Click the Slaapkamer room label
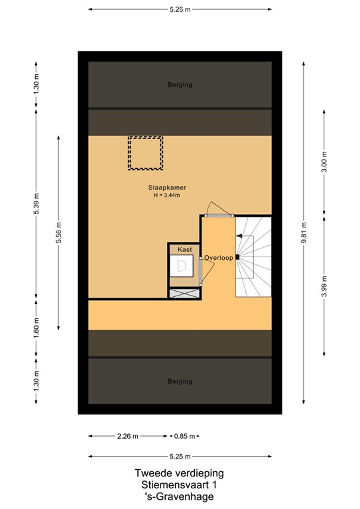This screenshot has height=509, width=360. (x=167, y=188)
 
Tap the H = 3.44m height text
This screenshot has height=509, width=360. (x=166, y=195)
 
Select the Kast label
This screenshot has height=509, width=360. (x=184, y=249)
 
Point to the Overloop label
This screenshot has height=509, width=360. (x=219, y=258)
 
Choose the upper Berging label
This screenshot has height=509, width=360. (x=180, y=85)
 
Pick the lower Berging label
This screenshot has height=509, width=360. (x=180, y=382)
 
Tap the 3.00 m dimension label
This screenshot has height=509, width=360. (x=324, y=162)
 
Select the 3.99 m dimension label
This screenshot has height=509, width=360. (x=324, y=286)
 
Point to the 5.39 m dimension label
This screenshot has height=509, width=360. (x=36, y=203)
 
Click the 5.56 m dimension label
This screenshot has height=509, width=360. (x=58, y=233)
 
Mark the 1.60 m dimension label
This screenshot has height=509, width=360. (x=36, y=327)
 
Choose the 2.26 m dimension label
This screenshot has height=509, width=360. (x=128, y=436)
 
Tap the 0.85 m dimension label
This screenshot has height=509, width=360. (x=185, y=436)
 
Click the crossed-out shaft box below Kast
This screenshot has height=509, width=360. (x=184, y=293)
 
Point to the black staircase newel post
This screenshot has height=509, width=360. (x=237, y=256)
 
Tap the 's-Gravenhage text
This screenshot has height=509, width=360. (x=179, y=496)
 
